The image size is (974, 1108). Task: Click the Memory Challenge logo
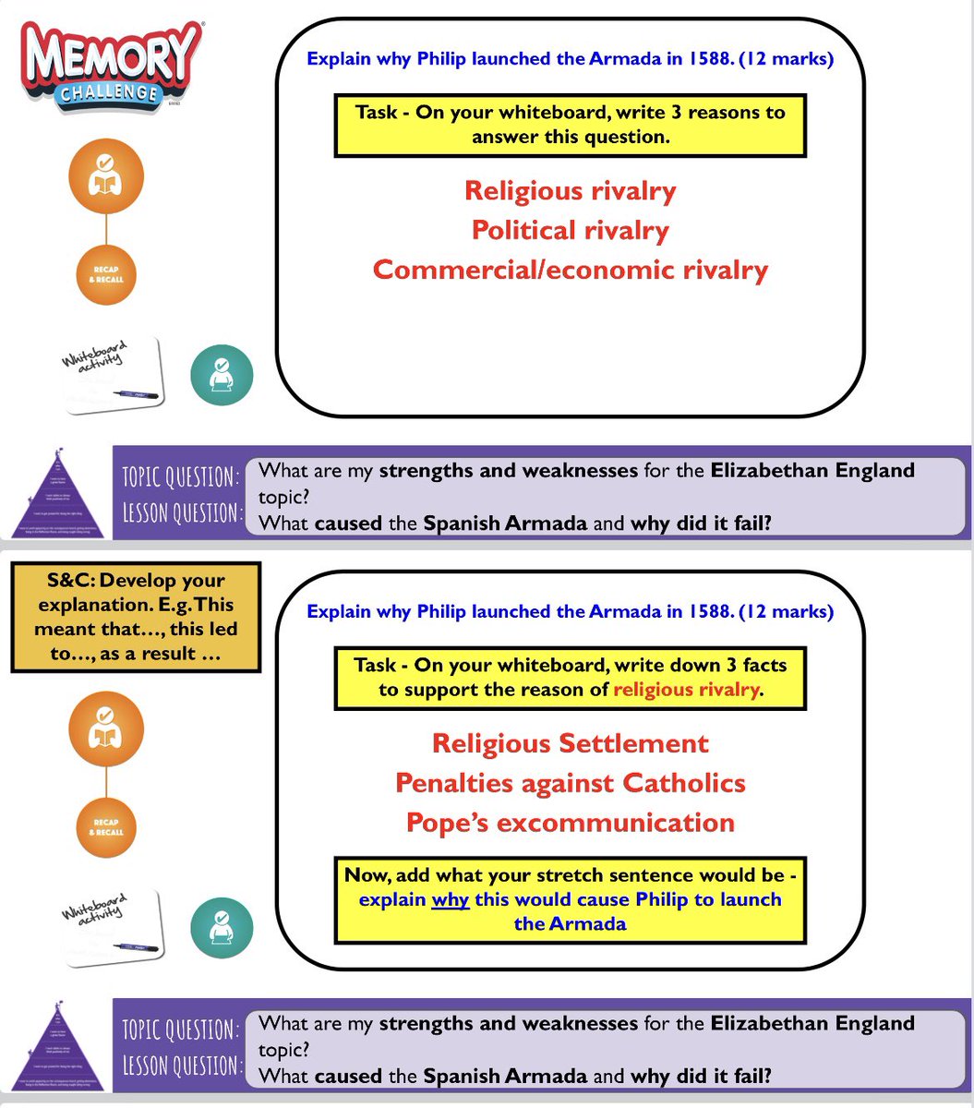pos(112,67)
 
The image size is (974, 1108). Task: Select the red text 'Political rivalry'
pos(570,230)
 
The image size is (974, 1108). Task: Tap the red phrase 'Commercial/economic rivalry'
pos(570,270)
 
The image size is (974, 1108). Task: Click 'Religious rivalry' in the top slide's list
pos(570,191)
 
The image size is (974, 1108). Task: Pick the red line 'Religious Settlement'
pos(570,743)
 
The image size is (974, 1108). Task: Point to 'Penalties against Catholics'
pos(570,783)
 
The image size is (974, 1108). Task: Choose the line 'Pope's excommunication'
pos(570,823)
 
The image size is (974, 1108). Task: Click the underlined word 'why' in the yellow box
pos(451,899)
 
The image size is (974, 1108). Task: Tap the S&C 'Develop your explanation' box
pos(136,617)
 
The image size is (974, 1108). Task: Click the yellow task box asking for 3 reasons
pos(570,125)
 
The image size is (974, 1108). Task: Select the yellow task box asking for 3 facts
pos(570,677)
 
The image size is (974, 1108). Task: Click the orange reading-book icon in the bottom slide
pos(106,734)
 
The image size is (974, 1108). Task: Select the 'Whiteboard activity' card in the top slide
pos(110,373)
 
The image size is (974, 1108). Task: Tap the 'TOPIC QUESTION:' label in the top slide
pos(181,476)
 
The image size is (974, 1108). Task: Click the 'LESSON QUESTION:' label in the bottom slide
pos(181,1065)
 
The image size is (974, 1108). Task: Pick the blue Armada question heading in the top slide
pos(570,60)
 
